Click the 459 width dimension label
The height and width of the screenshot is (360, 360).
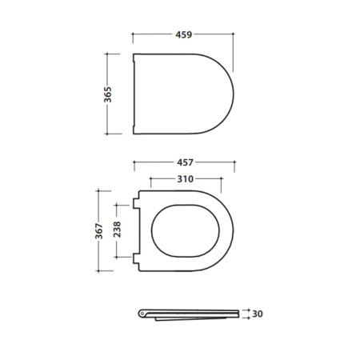183,35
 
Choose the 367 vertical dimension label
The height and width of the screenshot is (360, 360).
97,231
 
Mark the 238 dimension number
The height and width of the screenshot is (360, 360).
117,230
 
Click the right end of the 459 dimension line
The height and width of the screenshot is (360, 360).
234,35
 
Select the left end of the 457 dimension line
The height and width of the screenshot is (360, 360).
134,162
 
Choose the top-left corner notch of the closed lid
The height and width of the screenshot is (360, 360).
134,56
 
